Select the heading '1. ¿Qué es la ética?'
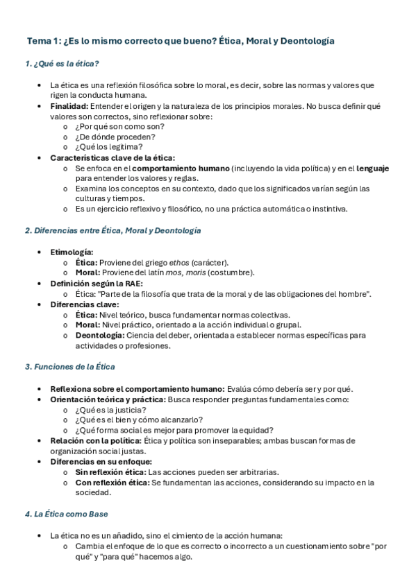[62, 64]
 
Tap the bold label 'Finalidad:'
[69, 106]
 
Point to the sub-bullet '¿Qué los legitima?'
[109, 147]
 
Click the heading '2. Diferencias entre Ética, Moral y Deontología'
[113, 230]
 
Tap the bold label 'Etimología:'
[72, 252]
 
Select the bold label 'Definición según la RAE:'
[97, 283]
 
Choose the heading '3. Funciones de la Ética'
[69, 366]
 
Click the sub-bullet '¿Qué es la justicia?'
[110, 409]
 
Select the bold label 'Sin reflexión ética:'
[111, 472]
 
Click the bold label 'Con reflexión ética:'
[112, 482]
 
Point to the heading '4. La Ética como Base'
[66, 514]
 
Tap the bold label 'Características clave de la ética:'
[113, 157]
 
